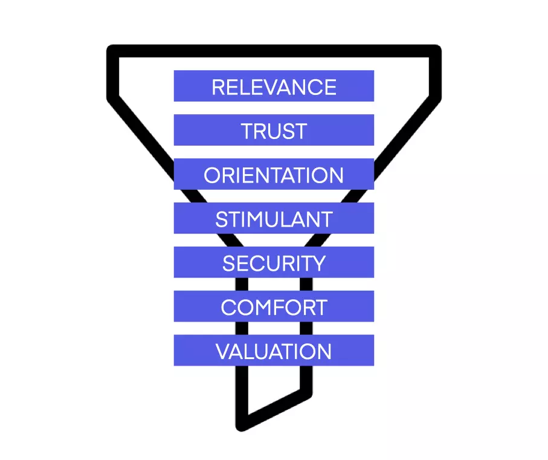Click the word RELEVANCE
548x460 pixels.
[x=274, y=87]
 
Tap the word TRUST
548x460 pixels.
[x=274, y=131]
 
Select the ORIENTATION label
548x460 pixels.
[x=274, y=175]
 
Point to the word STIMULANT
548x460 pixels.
[x=274, y=219]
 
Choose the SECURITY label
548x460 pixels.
[x=274, y=264]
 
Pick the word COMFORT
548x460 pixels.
[x=274, y=308]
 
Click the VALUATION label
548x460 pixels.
[x=274, y=352]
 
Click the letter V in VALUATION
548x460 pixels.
[x=222, y=352]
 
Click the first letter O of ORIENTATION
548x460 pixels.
[x=212, y=175]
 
